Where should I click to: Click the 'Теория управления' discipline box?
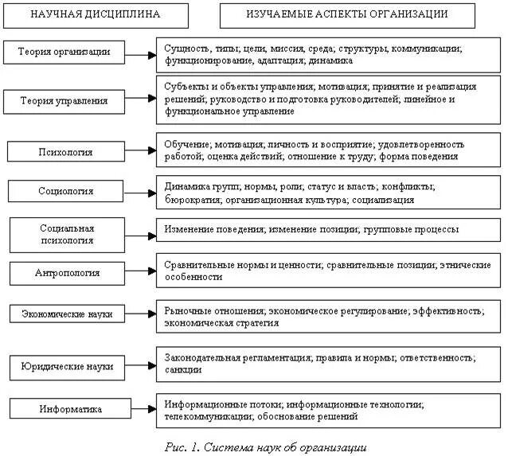click(65, 101)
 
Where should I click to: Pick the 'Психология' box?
click(66, 151)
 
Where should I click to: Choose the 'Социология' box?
click(66, 191)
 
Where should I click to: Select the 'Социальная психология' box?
click(66, 234)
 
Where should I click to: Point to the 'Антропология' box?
click(67, 272)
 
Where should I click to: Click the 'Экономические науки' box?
click(67, 314)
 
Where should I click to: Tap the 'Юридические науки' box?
click(67, 367)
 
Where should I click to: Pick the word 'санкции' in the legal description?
click(183, 369)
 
